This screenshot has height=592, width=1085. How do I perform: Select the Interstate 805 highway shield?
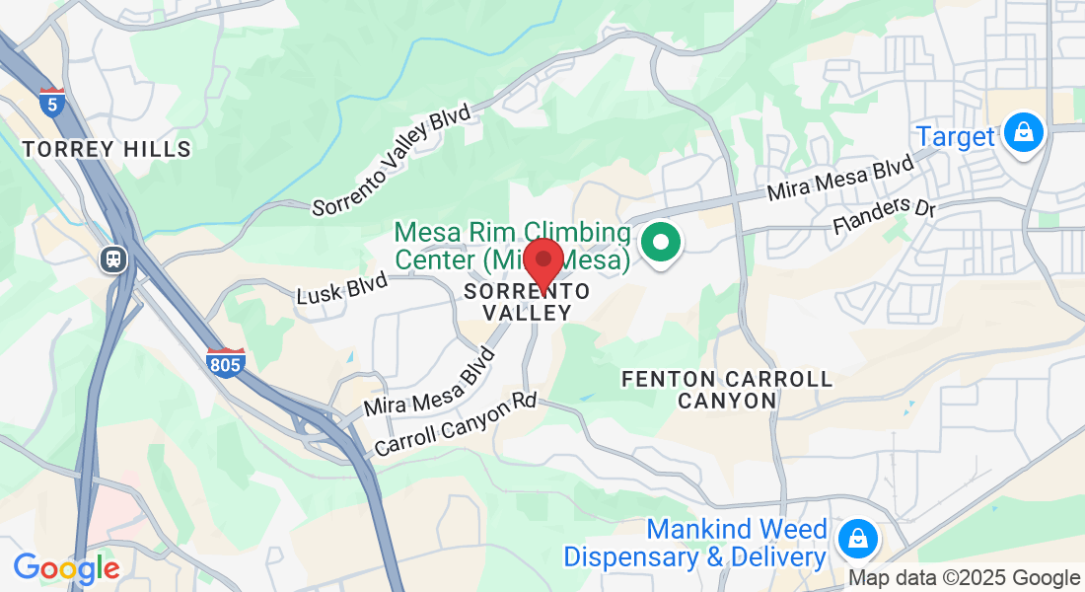pyautogui.click(x=225, y=361)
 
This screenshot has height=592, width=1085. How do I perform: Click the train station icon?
pyautogui.click(x=115, y=259)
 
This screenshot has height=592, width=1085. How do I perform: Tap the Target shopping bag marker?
pyautogui.click(x=1024, y=132)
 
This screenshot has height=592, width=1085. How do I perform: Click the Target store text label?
pyautogui.click(x=956, y=136)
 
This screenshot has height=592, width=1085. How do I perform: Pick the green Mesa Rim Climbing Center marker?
pyautogui.click(x=660, y=243)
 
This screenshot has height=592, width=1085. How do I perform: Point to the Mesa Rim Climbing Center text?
pyautogui.click(x=512, y=247)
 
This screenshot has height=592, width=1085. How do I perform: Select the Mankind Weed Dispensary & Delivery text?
pyautogui.click(x=695, y=544)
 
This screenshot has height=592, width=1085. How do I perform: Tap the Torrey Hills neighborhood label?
pyautogui.click(x=107, y=149)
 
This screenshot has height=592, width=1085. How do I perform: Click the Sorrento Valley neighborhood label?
pyautogui.click(x=528, y=302)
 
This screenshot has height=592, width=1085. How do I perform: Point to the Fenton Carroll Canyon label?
pyautogui.click(x=727, y=390)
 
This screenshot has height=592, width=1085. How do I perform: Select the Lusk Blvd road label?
pyautogui.click(x=342, y=288)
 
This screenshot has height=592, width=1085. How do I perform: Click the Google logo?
pyautogui.click(x=66, y=568)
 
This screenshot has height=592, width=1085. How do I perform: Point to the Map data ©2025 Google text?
pyautogui.click(x=965, y=578)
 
